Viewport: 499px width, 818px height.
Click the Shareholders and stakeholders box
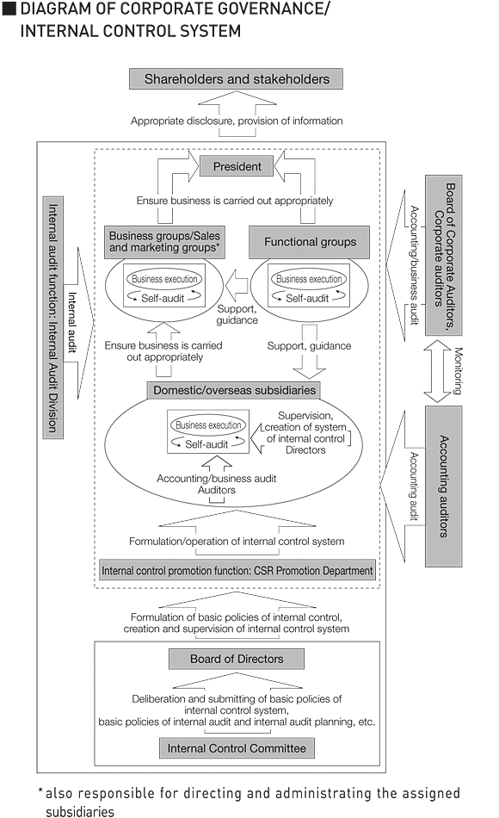pyautogui.click(x=237, y=79)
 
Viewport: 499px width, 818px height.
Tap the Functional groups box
pyautogui.click(x=309, y=242)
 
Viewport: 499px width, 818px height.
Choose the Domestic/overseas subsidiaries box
pyautogui.click(x=235, y=390)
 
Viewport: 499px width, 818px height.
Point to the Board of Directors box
pyautogui.click(x=237, y=660)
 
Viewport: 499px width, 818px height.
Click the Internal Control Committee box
pyautogui.click(x=237, y=747)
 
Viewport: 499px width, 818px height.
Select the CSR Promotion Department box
pyautogui.click(x=237, y=570)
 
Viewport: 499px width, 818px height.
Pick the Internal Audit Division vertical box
pyautogui.click(x=52, y=315)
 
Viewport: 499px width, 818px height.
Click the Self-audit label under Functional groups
pyautogui.click(x=307, y=298)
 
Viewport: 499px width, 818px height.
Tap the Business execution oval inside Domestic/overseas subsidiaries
pyautogui.click(x=207, y=425)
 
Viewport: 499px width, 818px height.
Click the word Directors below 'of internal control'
pyautogui.click(x=305, y=450)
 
